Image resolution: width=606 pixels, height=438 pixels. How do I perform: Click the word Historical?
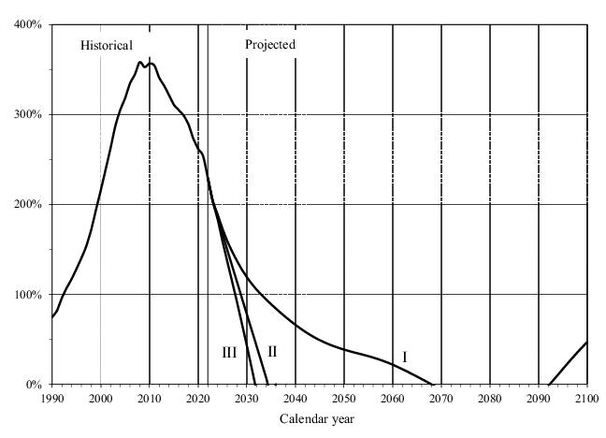pos(107,45)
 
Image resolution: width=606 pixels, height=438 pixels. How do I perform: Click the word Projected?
pos(270,44)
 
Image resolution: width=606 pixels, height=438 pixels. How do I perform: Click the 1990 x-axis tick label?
pos(51,399)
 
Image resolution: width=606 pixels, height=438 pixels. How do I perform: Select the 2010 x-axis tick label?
pos(150,399)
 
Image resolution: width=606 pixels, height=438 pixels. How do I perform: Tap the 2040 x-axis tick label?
pos(296,399)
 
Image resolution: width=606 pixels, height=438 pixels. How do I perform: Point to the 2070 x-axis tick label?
pos(441,399)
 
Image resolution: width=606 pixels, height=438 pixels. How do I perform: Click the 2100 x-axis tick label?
pos(586,399)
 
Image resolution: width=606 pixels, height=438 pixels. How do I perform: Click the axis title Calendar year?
pos(317,418)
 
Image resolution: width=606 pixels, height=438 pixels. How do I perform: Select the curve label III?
pos(229,353)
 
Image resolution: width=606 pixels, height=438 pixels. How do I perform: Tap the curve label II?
pos(272,352)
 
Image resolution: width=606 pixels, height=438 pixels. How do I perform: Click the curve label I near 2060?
pos(405,357)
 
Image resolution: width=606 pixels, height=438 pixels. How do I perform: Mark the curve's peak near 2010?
pos(140,62)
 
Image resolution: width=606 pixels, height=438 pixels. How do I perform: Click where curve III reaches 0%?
pos(255,384)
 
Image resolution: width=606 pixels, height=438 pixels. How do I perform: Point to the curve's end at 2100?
pos(586,343)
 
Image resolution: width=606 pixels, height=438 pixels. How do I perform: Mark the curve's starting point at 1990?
pos(52,318)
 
